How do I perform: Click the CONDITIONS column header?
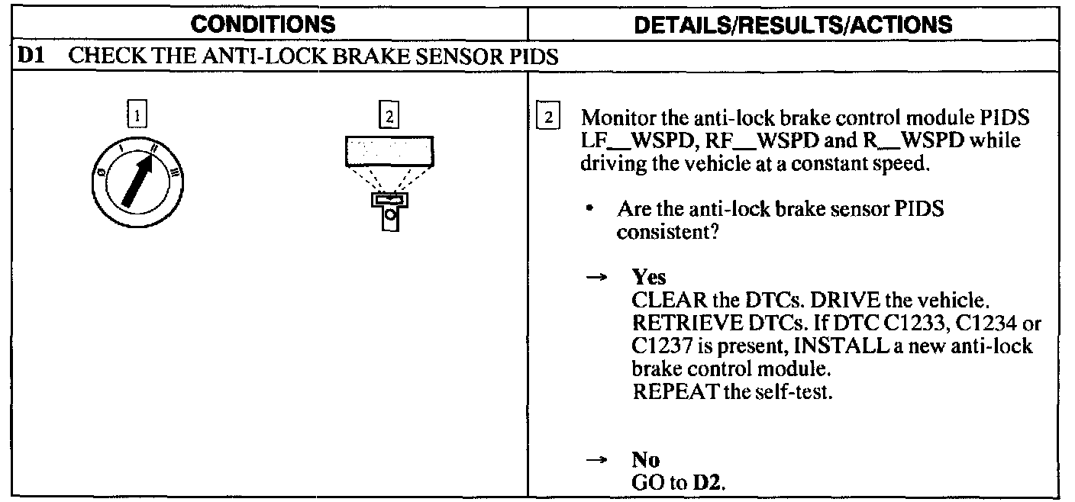pyautogui.click(x=263, y=24)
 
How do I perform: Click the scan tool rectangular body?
pyautogui.click(x=389, y=151)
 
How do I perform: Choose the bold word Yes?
pyautogui.click(x=648, y=277)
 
